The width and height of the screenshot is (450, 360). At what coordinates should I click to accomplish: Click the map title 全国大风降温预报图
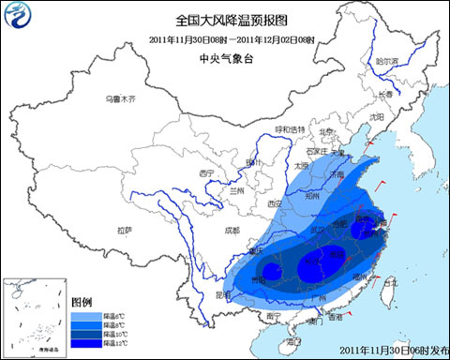(x=225, y=19)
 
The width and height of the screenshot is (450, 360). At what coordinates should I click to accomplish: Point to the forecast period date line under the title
(x=225, y=38)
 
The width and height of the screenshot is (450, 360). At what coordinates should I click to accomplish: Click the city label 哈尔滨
(x=386, y=61)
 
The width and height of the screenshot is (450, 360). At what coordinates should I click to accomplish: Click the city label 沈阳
(x=377, y=117)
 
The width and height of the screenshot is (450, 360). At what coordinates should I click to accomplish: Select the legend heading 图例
(x=82, y=302)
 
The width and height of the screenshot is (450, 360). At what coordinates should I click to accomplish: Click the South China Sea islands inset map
(x=33, y=315)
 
